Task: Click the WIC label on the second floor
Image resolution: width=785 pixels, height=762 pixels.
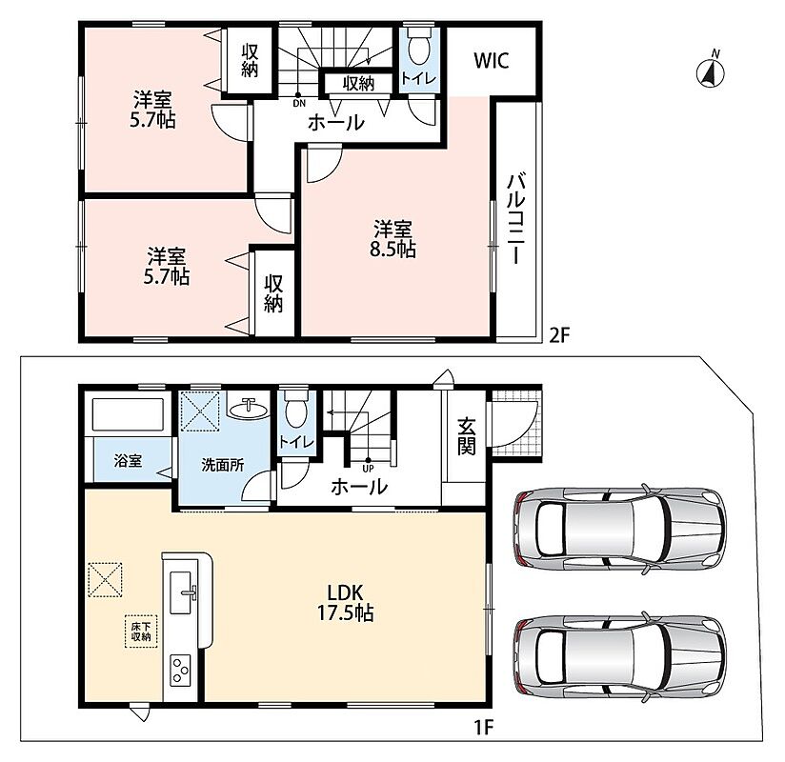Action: [492, 61]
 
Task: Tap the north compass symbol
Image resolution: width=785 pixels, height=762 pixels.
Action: [711, 71]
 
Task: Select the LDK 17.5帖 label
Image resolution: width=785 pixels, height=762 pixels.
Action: [346, 603]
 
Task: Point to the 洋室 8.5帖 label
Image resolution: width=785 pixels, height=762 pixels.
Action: [393, 239]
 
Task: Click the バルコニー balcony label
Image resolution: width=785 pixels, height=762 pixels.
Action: [516, 218]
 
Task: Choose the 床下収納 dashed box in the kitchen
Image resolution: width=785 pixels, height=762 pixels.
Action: [141, 632]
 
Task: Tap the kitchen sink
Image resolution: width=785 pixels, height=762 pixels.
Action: [183, 592]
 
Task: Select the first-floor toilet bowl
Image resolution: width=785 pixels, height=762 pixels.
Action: [295, 408]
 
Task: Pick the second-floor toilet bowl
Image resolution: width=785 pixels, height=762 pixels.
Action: [419, 46]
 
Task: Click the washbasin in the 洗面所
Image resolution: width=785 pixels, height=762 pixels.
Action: [248, 409]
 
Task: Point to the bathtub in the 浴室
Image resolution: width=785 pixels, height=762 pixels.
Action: [129, 414]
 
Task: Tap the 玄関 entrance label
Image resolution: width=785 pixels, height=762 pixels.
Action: [466, 436]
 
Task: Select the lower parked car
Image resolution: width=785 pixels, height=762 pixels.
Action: [619, 656]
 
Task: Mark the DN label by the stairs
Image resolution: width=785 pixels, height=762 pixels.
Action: [299, 104]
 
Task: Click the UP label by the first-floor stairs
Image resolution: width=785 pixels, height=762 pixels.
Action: [368, 469]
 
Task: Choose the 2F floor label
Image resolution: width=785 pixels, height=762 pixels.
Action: [560, 335]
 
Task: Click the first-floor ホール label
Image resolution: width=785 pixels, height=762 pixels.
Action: [359, 486]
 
